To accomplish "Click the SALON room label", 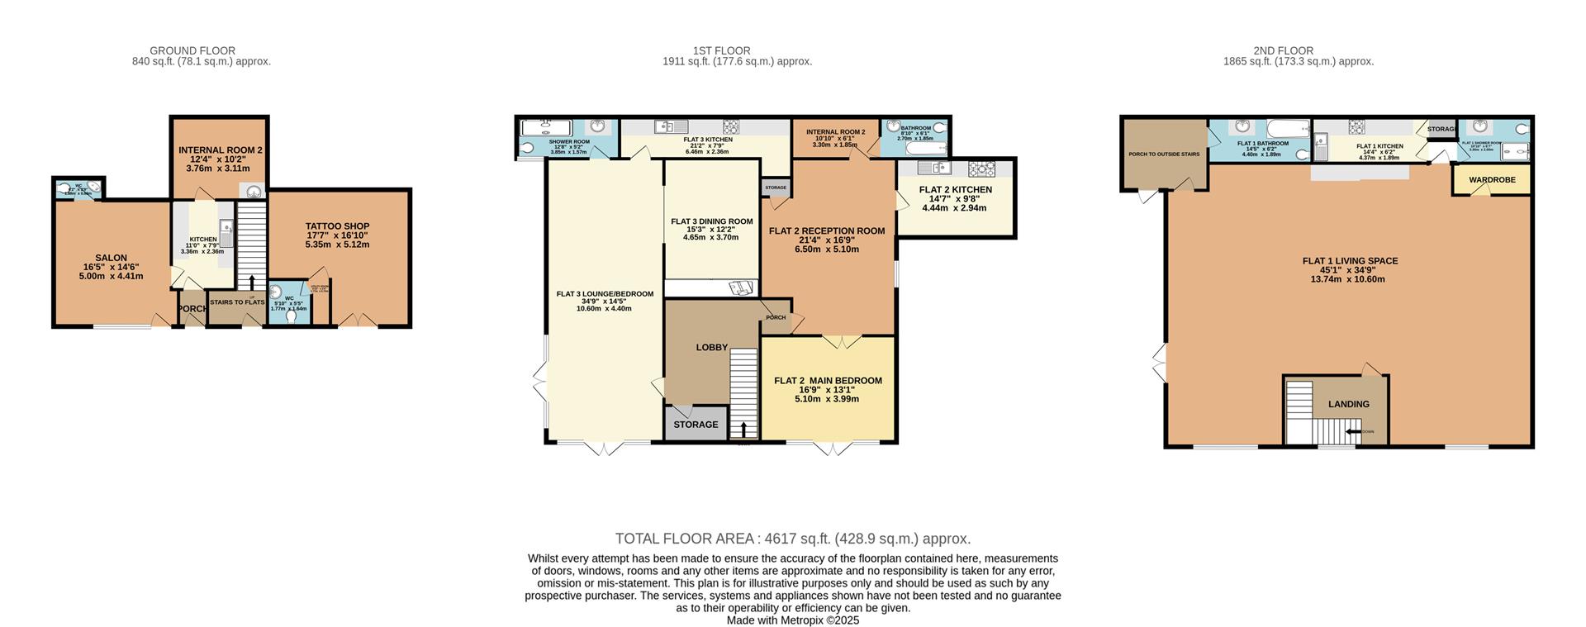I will click(x=111, y=258).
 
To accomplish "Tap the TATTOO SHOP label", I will click(x=337, y=226).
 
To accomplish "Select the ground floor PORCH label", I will click(x=193, y=309).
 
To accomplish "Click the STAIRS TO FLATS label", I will click(x=237, y=302).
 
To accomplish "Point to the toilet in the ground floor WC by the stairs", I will click(x=291, y=315).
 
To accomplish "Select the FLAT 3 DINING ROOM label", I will click(x=711, y=221).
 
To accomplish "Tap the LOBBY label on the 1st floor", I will click(x=711, y=348).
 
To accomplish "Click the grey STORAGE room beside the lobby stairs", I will click(x=696, y=425).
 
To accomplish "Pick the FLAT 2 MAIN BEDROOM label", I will click(x=828, y=381).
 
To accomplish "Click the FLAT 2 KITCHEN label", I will click(x=955, y=190).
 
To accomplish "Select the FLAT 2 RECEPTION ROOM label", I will click(x=826, y=231).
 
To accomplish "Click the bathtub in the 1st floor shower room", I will click(x=546, y=128).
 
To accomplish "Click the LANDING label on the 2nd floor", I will click(x=1348, y=405).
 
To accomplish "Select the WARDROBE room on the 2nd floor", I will click(x=1491, y=180).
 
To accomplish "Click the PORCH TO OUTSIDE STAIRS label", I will click(x=1163, y=154).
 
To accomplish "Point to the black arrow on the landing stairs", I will click(x=1353, y=431).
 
